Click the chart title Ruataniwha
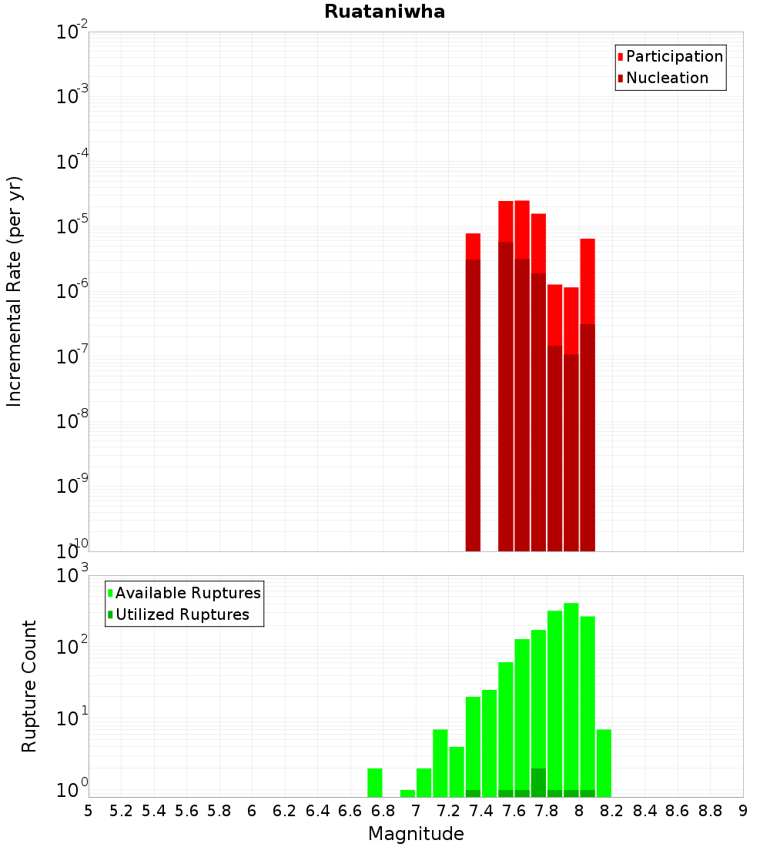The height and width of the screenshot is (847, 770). point(384,12)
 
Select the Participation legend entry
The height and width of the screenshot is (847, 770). point(675,56)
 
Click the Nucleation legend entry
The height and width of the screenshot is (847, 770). point(667,78)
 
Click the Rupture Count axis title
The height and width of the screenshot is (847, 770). point(29,686)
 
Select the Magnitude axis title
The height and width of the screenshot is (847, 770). point(416,833)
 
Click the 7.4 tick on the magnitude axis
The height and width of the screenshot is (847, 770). point(481,811)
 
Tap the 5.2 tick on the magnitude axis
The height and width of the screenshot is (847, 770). point(122,811)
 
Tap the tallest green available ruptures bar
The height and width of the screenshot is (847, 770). point(571,693)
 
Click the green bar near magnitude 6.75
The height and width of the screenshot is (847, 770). point(374,782)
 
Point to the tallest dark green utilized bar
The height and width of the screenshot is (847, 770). point(538,782)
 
